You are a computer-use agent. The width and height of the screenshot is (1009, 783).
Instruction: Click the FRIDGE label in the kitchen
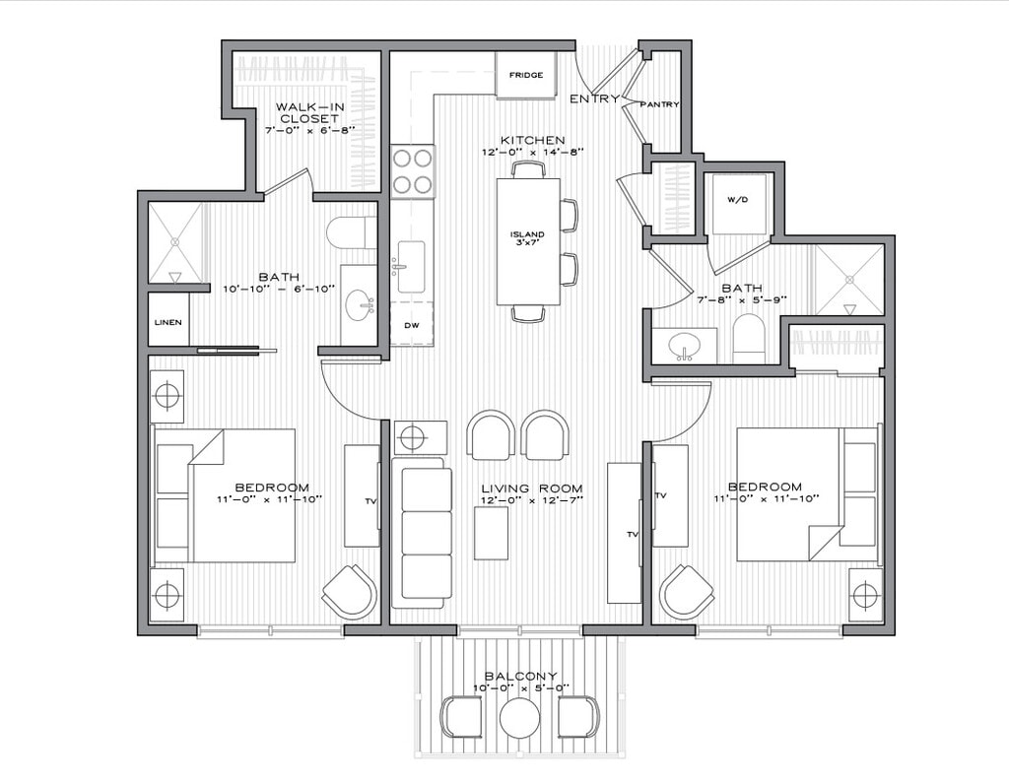pos(525,75)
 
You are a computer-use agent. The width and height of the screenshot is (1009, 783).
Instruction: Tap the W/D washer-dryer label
pos(738,200)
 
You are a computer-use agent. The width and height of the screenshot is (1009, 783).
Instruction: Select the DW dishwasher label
pos(411,325)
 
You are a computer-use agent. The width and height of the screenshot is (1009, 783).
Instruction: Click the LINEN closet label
pos(167,322)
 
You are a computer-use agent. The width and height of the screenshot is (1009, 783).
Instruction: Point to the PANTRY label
pos(659,104)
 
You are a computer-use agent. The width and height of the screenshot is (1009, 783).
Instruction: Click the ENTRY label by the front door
pos(594,98)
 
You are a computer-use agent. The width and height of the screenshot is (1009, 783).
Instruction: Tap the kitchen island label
pos(527,237)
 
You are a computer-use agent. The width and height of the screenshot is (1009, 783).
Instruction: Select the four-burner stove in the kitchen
pos(413,170)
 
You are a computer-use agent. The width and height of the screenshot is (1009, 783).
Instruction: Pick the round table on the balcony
pos(519,718)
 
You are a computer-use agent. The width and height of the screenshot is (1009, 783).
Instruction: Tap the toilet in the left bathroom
pos(350,232)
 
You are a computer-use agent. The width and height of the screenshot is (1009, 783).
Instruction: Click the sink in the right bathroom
pos(684,346)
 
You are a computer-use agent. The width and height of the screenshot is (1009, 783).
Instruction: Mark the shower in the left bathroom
pos(175,242)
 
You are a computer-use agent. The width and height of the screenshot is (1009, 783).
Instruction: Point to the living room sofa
pos(424,532)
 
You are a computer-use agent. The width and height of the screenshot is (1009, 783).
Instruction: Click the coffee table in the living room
pos(491,533)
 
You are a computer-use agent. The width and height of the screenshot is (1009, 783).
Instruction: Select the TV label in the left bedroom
pos(370,501)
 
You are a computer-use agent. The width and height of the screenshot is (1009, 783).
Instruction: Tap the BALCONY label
pos(521,676)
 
